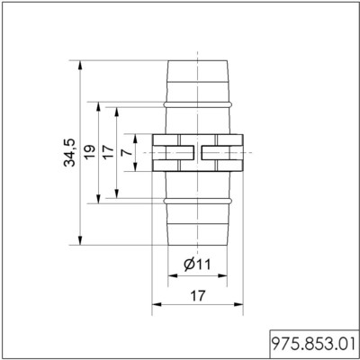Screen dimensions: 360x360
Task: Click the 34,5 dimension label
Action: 69,153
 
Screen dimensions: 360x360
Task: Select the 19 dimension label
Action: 89,153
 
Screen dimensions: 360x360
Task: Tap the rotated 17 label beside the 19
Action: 108,152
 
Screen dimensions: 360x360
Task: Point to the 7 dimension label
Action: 127,152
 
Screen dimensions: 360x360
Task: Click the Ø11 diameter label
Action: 197,265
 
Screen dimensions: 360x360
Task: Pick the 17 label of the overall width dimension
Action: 198,296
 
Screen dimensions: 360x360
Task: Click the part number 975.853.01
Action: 314,344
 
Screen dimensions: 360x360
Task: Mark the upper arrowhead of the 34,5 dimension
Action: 80,65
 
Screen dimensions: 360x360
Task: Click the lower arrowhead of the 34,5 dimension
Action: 80,240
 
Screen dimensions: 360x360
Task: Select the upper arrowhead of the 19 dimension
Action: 98,107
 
